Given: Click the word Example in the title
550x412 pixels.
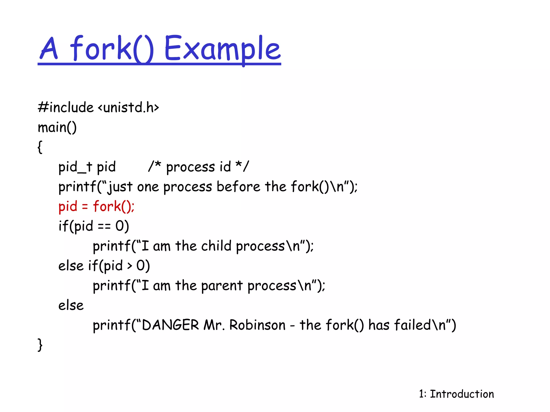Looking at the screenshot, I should pyautogui.click(x=222, y=49).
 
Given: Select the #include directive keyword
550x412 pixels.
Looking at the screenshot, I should pyautogui.click(x=66, y=107).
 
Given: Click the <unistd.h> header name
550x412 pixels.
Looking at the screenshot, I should pyautogui.click(x=128, y=107).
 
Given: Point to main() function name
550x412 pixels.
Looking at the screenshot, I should pyautogui.click(x=57, y=127).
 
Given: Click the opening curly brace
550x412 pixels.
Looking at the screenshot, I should pyautogui.click(x=40, y=147).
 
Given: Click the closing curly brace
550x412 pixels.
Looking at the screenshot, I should pyautogui.click(x=40, y=345).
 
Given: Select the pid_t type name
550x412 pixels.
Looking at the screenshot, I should pyautogui.click(x=75, y=167).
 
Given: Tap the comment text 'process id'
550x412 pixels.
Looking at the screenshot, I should pyautogui.click(x=198, y=167).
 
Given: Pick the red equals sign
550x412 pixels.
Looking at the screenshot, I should pyautogui.click(x=85, y=207).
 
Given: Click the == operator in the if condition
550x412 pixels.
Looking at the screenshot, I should pyautogui.click(x=104, y=226).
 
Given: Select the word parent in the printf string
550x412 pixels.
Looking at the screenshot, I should pyautogui.click(x=222, y=286).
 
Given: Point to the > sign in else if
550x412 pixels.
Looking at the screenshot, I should pyautogui.click(x=130, y=266).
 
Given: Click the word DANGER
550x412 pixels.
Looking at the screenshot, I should pyautogui.click(x=170, y=325).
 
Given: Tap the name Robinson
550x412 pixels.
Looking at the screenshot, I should pyautogui.click(x=257, y=325).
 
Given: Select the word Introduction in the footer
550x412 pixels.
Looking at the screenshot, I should pyautogui.click(x=462, y=394).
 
